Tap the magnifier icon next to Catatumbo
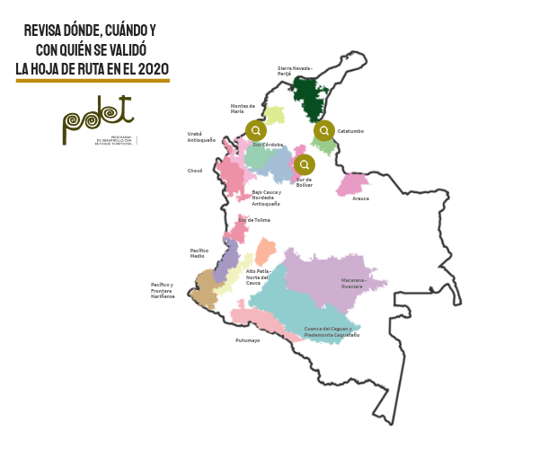(324, 130)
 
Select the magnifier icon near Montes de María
(256, 130)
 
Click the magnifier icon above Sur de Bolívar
(305, 164)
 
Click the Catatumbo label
(350, 131)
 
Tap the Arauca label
(360, 198)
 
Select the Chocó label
(195, 170)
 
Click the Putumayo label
(248, 340)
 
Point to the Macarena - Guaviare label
(353, 283)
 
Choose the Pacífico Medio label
(199, 253)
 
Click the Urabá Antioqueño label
(201, 137)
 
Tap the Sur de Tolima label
(254, 220)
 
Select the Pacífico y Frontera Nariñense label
(163, 290)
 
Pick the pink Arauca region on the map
(350, 184)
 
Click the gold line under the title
(93, 81)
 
